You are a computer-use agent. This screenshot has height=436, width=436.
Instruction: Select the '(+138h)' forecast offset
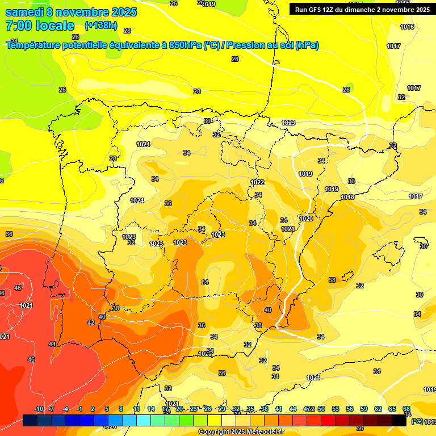coord(100,26)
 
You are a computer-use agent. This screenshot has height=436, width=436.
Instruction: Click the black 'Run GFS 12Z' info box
coord(362,9)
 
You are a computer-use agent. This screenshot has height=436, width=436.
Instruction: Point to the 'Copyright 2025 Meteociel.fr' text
coord(240,432)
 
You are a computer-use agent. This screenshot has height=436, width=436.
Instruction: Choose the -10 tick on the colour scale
coord(39,409)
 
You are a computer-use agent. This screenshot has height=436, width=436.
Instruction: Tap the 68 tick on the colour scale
coord(406,409)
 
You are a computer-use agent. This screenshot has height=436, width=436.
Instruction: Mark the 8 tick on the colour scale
coord(121,409)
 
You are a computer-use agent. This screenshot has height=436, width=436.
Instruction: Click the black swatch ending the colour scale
coord(399,421)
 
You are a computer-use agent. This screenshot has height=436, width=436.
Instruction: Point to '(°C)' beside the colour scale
coord(417,421)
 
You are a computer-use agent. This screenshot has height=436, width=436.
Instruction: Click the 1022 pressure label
coord(257,182)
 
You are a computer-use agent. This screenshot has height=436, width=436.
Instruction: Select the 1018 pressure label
coord(347,197)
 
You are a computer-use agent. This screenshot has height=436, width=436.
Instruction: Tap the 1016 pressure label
coord(407,27)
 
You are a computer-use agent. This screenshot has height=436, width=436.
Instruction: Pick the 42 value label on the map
coord(91,322)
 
